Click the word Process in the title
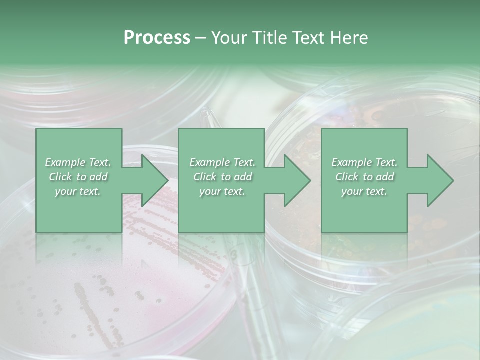click(x=157, y=38)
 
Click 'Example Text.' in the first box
click(x=78, y=162)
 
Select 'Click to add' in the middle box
click(x=222, y=177)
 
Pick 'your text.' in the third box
click(x=364, y=191)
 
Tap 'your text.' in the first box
click(x=78, y=191)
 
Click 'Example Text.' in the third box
click(x=364, y=162)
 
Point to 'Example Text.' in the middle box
click(x=222, y=162)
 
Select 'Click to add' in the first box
click(x=78, y=177)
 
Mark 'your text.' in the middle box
click(x=222, y=191)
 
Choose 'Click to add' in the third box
click(x=364, y=177)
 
